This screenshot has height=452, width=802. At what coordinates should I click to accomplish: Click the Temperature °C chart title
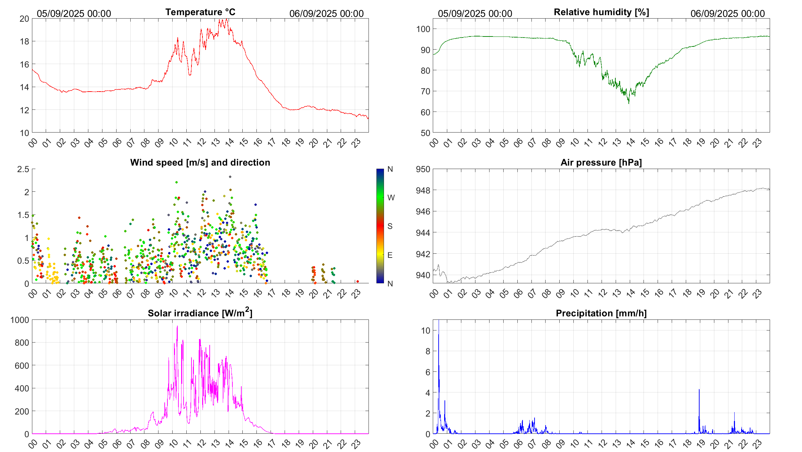(200, 12)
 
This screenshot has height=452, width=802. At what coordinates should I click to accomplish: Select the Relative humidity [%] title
(601, 12)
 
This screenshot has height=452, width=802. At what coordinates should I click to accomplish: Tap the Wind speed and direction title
(200, 162)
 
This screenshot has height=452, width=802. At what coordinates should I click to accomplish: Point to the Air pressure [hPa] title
(601, 162)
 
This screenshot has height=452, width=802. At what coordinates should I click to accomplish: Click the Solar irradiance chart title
(200, 313)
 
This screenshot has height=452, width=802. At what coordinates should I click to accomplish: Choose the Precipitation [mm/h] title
(601, 313)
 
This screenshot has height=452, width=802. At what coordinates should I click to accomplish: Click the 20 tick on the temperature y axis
(24, 19)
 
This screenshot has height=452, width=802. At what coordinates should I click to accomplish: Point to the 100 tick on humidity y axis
(423, 29)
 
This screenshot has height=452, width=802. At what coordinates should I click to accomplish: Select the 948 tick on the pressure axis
(423, 190)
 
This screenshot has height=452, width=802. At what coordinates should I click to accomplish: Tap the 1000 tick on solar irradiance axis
(20, 320)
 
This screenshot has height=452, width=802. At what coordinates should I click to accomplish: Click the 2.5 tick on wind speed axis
(23, 169)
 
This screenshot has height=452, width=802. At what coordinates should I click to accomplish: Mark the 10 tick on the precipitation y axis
(426, 330)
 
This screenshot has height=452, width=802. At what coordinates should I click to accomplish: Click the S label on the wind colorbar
(390, 226)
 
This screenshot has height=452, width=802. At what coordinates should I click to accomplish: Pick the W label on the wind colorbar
(391, 198)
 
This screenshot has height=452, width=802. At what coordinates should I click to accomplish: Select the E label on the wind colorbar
(390, 255)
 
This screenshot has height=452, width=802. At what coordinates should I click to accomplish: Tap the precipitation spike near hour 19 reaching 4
(699, 390)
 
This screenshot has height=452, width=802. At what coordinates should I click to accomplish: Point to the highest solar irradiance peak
(177, 326)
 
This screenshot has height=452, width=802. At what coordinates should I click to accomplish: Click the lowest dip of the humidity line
(629, 103)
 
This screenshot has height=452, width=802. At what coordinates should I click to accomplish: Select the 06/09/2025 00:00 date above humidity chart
(727, 13)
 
